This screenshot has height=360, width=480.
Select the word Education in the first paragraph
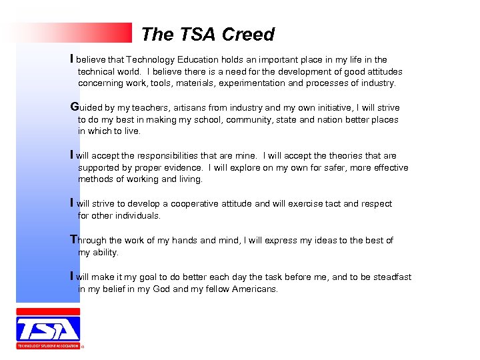pos(203,60)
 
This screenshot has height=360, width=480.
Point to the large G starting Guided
pos(75,107)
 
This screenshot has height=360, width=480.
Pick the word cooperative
pos(200,204)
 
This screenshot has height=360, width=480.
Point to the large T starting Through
pos(74,239)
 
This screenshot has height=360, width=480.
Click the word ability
pos(105,253)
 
